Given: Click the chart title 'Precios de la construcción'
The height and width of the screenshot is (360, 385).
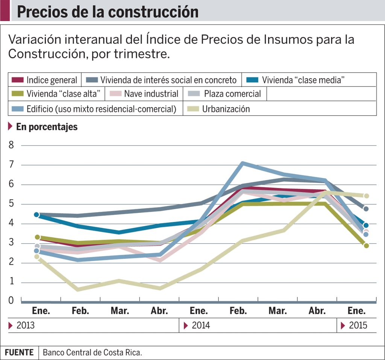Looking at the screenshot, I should pos(108,12).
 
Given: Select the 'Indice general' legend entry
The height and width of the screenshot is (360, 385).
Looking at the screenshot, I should pos(45,80).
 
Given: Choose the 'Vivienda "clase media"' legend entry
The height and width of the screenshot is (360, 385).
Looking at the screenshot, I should pos(296,80).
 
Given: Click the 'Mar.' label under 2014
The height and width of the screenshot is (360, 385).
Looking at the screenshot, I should pos(278,311).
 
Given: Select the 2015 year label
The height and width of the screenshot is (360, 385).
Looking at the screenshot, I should pos(358,325).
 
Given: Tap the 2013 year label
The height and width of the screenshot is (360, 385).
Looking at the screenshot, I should pos(25,325).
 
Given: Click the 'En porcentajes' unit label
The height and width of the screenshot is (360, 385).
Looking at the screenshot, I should pos(47,127).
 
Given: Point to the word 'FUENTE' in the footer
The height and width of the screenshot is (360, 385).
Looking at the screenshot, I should pos(19,353).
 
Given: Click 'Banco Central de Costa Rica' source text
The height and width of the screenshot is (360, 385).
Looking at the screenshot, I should pos(92,353).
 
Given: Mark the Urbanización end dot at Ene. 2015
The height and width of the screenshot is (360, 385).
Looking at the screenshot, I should pos(366,196).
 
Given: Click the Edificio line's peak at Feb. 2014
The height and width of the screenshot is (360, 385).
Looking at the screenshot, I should pos(243,163).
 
